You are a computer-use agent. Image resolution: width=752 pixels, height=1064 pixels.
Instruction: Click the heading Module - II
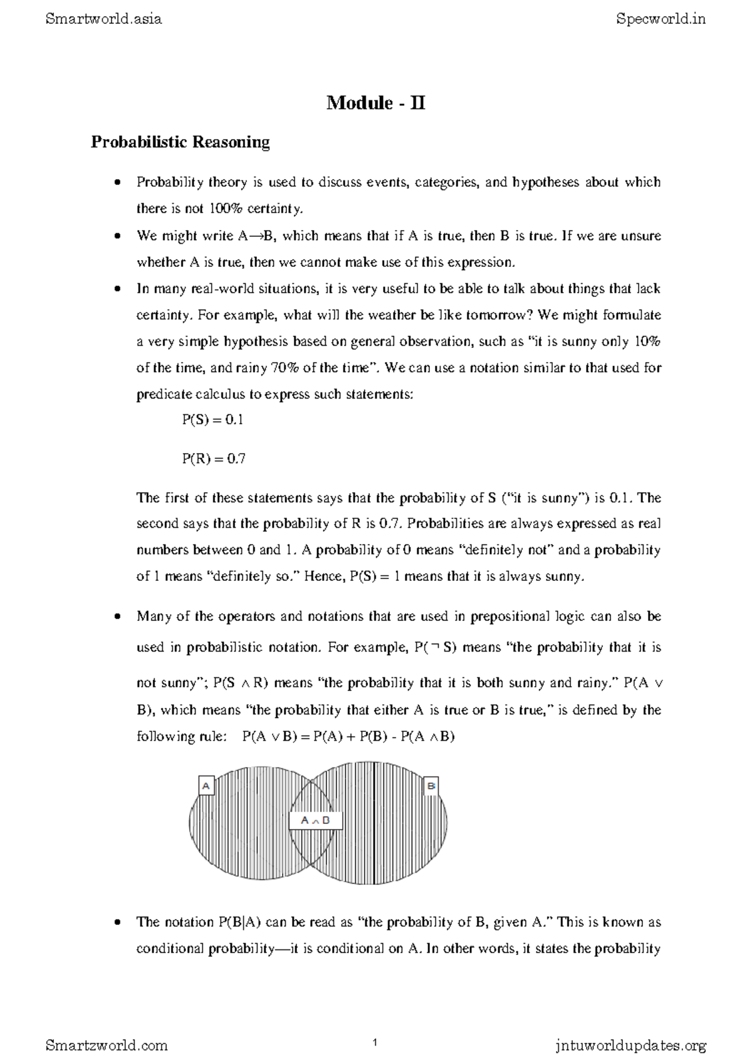click(x=375, y=103)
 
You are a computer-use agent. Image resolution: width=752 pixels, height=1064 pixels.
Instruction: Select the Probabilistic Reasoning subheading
click(x=180, y=142)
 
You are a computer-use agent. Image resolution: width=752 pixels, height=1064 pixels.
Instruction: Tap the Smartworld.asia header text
click(x=104, y=19)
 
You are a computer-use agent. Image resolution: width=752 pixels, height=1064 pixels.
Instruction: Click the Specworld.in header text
click(x=661, y=19)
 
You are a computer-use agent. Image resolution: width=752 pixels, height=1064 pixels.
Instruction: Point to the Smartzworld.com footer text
click(x=107, y=1045)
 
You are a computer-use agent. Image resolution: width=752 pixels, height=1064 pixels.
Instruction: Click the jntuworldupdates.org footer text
click(x=630, y=1045)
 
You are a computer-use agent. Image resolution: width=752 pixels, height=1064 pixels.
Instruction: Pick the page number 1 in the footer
click(x=374, y=1043)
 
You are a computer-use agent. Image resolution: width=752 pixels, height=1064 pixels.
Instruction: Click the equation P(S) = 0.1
click(x=212, y=420)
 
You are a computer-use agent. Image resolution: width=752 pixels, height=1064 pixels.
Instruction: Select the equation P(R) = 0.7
click(x=213, y=459)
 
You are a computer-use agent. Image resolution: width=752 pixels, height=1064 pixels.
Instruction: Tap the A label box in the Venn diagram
click(x=206, y=785)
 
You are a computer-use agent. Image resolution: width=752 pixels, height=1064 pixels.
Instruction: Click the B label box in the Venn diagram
click(x=431, y=785)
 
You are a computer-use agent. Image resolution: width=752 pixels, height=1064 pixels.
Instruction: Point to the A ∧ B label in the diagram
click(x=316, y=820)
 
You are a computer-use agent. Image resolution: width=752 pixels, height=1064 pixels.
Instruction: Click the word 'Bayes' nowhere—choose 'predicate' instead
click(x=164, y=395)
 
